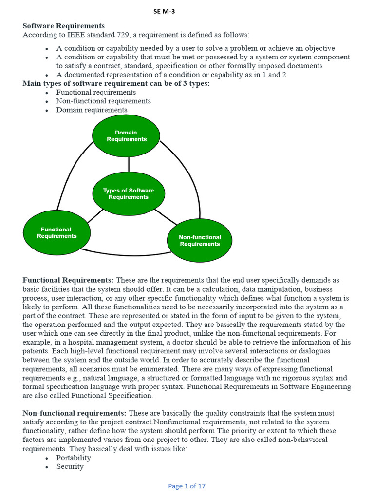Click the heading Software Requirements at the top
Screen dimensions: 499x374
coord(63,26)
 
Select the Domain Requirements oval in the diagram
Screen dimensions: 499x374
coord(126,136)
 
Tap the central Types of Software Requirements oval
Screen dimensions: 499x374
coord(129,194)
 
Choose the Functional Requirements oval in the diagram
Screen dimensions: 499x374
coord(56,233)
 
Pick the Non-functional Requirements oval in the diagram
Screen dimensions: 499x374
coord(200,241)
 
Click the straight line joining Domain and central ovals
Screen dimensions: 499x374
coord(129,164)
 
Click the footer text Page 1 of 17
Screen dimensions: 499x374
coord(187,486)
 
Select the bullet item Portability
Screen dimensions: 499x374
coord(74,458)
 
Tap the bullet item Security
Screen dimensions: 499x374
coord(70,466)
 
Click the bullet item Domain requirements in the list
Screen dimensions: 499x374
coord(92,110)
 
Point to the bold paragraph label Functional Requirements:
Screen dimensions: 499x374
coord(68,280)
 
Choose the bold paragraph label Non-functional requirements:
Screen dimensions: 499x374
coord(75,413)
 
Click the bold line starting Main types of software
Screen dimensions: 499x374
coord(116,83)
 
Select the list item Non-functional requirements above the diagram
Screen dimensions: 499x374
coord(103,101)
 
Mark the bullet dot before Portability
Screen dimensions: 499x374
coord(46,459)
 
